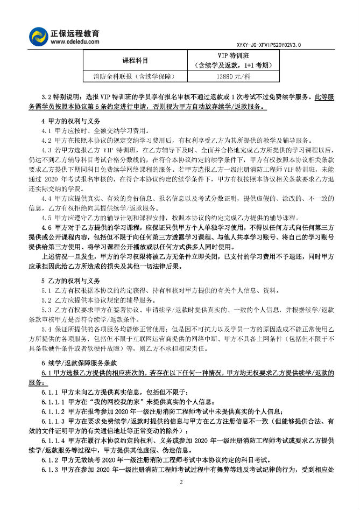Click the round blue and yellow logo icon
(x=38, y=36)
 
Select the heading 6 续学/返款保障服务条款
(x=83, y=363)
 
